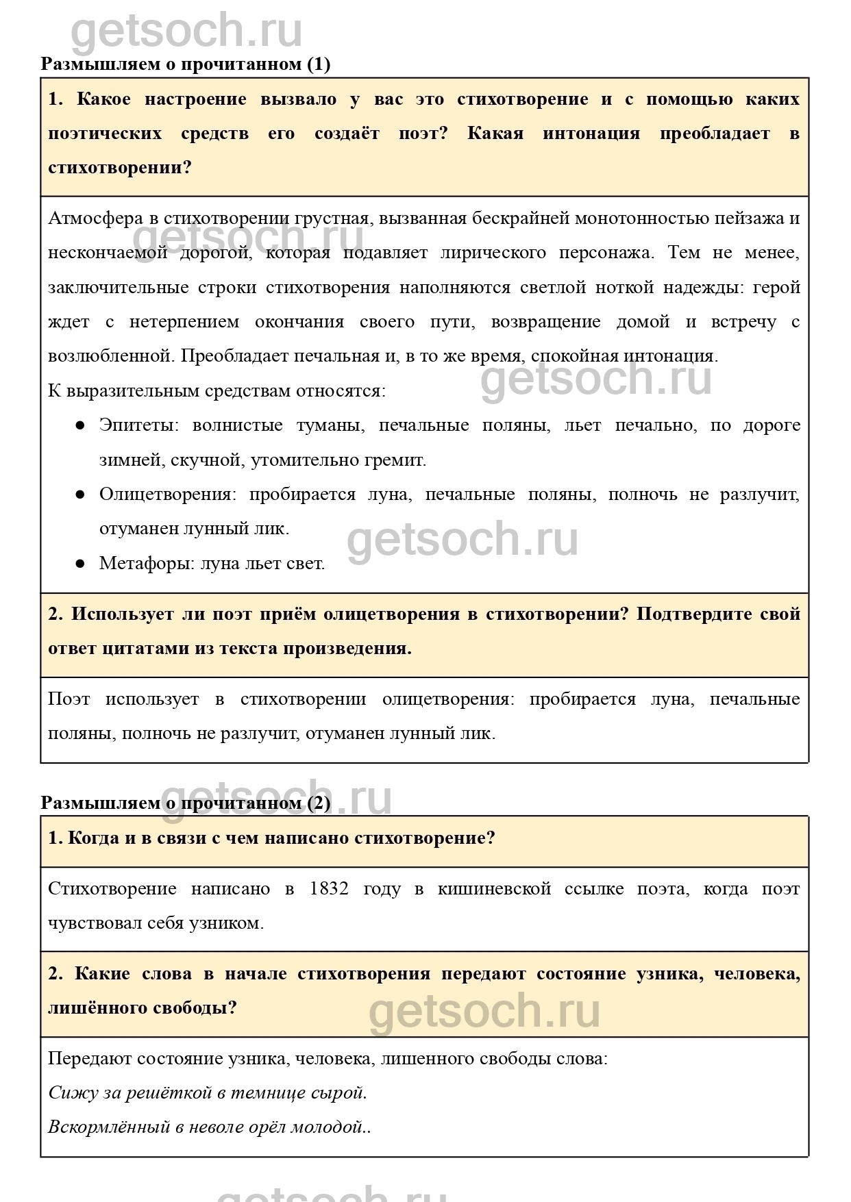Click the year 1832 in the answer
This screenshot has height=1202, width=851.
329,889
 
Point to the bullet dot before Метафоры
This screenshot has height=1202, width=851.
80,564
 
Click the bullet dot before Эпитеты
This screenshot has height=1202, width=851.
80,425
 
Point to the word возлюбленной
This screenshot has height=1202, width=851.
110,356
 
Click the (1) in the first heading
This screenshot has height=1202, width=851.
318,64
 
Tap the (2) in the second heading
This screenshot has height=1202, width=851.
318,803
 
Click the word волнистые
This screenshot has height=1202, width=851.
237,425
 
